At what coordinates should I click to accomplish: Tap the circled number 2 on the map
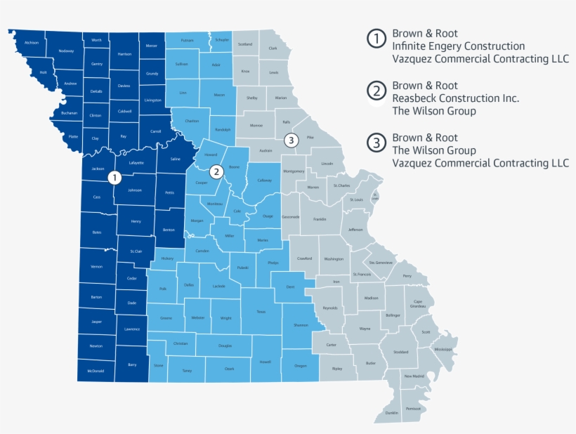click(x=216, y=171)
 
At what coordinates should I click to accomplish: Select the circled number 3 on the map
click(x=292, y=140)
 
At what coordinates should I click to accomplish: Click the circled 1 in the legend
click(x=377, y=39)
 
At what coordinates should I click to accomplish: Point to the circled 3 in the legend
click(x=377, y=143)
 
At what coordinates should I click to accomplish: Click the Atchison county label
click(x=31, y=43)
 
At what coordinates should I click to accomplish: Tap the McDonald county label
click(x=96, y=370)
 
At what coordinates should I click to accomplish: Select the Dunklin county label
click(x=391, y=412)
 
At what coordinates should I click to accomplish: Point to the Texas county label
click(x=261, y=311)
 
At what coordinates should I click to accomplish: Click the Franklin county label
click(x=320, y=219)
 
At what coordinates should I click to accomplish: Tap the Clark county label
click(x=273, y=48)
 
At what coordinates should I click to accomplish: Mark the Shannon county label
click(x=301, y=325)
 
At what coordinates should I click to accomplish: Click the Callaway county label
click(x=264, y=180)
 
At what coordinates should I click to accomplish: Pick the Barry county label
click(x=132, y=364)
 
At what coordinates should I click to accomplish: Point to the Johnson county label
click(x=135, y=190)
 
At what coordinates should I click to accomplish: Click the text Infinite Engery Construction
click(x=459, y=46)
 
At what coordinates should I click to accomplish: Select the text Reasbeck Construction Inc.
click(x=456, y=98)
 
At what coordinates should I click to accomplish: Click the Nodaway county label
click(x=67, y=51)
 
